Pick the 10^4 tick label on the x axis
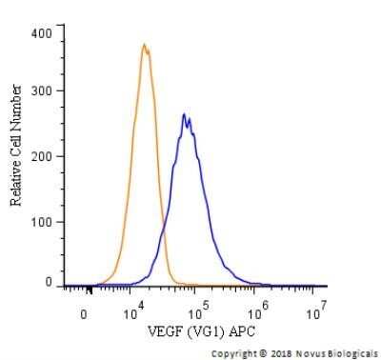134,310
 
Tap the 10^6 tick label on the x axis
257,310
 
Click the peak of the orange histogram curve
143,45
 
